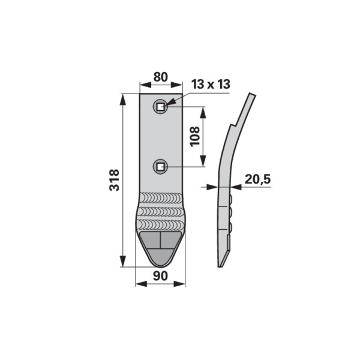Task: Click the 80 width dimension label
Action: click(161, 77)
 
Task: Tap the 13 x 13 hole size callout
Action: click(211, 84)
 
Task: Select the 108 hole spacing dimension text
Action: click(194, 136)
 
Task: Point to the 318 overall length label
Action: click(114, 180)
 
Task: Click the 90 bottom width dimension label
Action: click(160, 276)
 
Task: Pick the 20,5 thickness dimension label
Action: click(258, 179)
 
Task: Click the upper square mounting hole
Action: click(160, 107)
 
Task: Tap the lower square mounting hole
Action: click(160, 166)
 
